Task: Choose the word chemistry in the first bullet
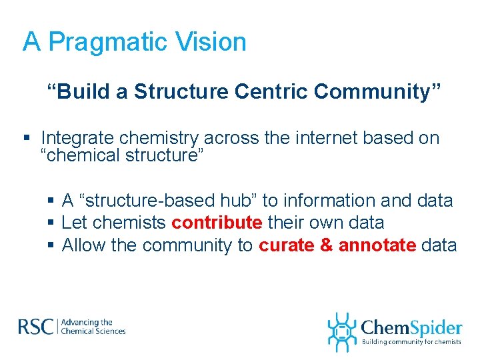click(159, 138)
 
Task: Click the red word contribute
click(217, 223)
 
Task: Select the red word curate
click(286, 245)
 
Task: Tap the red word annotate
click(377, 245)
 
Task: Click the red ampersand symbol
click(326, 245)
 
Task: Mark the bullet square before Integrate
click(27, 139)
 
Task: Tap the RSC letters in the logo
click(37, 327)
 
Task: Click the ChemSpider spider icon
click(342, 331)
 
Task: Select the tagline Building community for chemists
click(411, 342)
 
